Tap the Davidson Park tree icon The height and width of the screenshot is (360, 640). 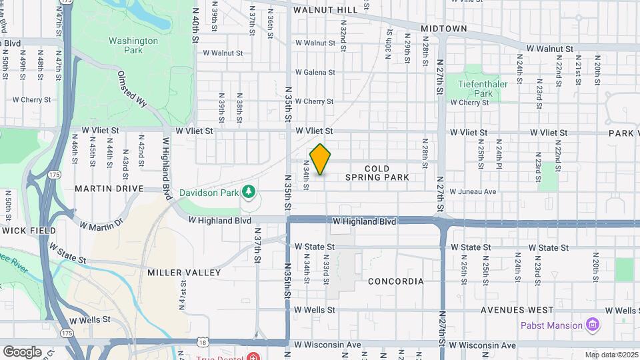[249, 193]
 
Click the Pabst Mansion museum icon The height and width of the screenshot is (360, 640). [591, 325]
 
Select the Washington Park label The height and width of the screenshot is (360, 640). [133, 45]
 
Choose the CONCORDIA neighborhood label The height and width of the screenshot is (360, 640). [395, 281]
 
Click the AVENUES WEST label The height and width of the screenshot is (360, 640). [517, 310]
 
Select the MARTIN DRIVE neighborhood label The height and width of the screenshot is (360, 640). [109, 189]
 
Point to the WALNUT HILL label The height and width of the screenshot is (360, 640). [325, 10]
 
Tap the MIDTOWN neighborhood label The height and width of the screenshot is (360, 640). [443, 29]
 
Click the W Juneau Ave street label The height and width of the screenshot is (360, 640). [473, 191]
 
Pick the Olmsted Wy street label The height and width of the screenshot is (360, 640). [131, 89]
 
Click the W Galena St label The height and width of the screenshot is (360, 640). [315, 72]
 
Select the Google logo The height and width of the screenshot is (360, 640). [22, 351]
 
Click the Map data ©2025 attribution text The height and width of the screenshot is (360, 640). [612, 355]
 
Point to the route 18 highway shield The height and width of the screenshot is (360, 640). [203, 342]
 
